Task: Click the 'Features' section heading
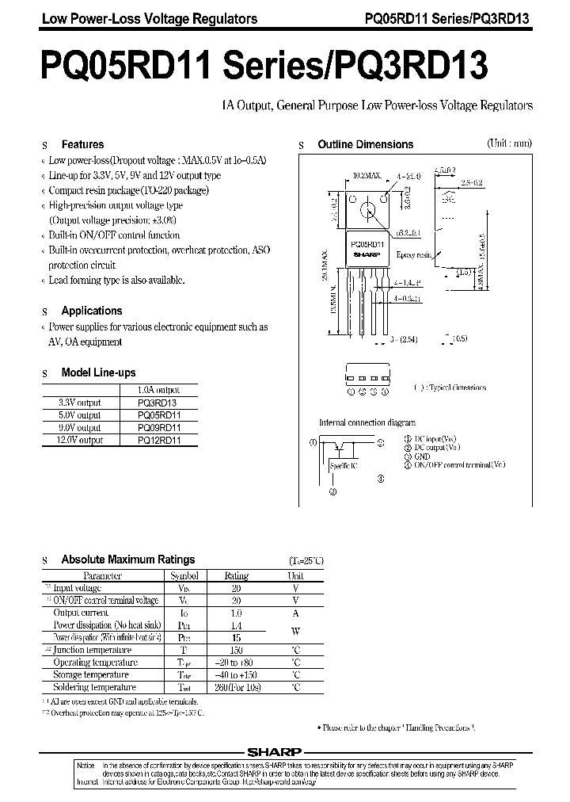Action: (82, 145)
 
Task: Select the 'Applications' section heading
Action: (92, 311)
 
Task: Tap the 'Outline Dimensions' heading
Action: (365, 145)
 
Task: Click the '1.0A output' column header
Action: (158, 390)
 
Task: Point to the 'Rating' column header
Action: (237, 576)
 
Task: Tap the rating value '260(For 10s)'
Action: (237, 687)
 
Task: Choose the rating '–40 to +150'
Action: (237, 674)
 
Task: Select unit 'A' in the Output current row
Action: (295, 613)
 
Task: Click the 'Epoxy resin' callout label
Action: (412, 255)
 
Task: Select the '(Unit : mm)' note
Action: (509, 143)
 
